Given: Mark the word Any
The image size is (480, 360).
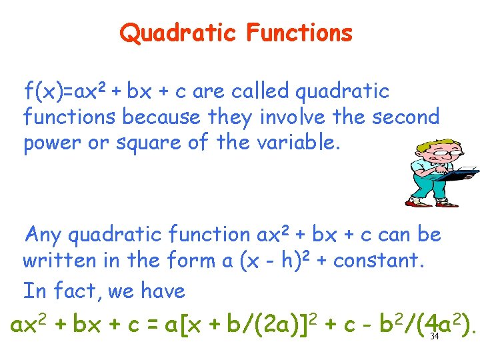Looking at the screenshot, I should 43,235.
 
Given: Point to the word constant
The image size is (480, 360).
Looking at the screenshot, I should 377,261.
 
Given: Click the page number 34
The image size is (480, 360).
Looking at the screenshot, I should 435,336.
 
